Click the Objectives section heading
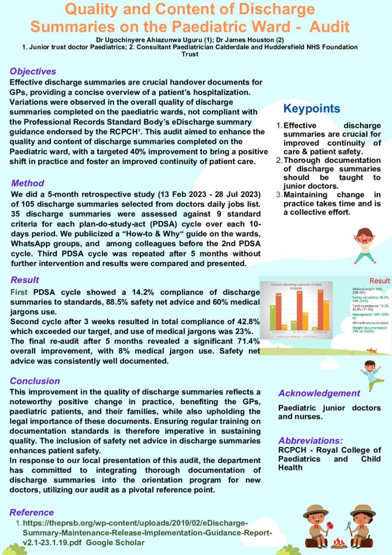point(32,72)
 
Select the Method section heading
point(28,183)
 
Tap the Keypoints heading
point(312,108)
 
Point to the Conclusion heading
point(35,381)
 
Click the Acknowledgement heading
point(318,393)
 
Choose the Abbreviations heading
point(311,440)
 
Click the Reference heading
point(32,512)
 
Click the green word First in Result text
point(19,292)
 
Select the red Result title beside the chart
point(379,281)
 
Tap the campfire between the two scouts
point(339,541)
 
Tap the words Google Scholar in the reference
point(121,543)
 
